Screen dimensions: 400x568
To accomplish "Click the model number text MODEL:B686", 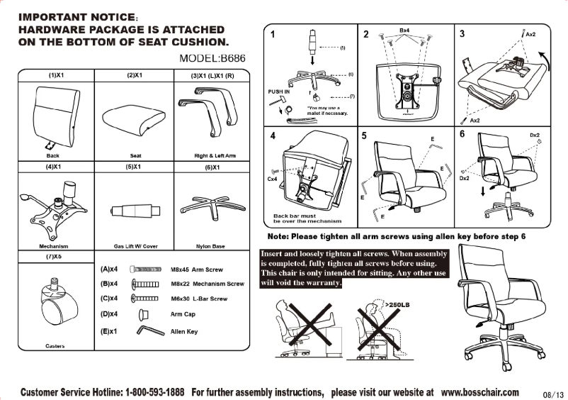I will pos(205,59).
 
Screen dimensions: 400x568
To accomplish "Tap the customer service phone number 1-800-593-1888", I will pos(154,392).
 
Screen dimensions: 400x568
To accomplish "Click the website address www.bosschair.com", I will pos(479,392).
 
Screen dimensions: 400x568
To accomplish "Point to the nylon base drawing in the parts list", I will pos(209,207).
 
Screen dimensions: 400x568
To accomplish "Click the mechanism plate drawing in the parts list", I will pos(53,207).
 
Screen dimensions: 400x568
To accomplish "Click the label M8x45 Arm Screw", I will pos(197,270).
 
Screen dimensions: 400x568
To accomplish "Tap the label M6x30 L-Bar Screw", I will pos(198,299).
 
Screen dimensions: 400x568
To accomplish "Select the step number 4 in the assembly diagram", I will pos(273,135).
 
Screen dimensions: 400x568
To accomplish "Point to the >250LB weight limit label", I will pos(397,304).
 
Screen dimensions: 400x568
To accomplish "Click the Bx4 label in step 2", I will pos(404,31).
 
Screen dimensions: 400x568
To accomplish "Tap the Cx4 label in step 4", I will pos(271,179).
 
